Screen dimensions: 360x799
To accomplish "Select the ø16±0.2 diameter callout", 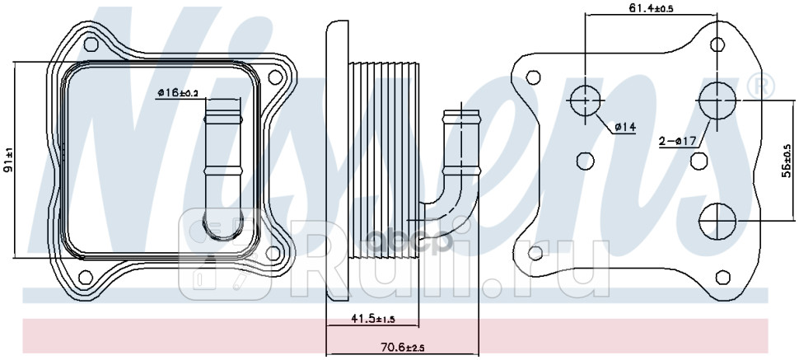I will tap(177, 93).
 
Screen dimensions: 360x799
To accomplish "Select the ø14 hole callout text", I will tap(626, 126).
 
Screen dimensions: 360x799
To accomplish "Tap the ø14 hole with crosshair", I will tap(584, 100).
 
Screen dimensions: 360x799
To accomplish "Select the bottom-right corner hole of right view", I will tap(722, 277).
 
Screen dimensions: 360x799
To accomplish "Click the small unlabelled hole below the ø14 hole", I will tap(585, 160).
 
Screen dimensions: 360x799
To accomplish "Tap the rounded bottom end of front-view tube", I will tap(221, 230).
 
